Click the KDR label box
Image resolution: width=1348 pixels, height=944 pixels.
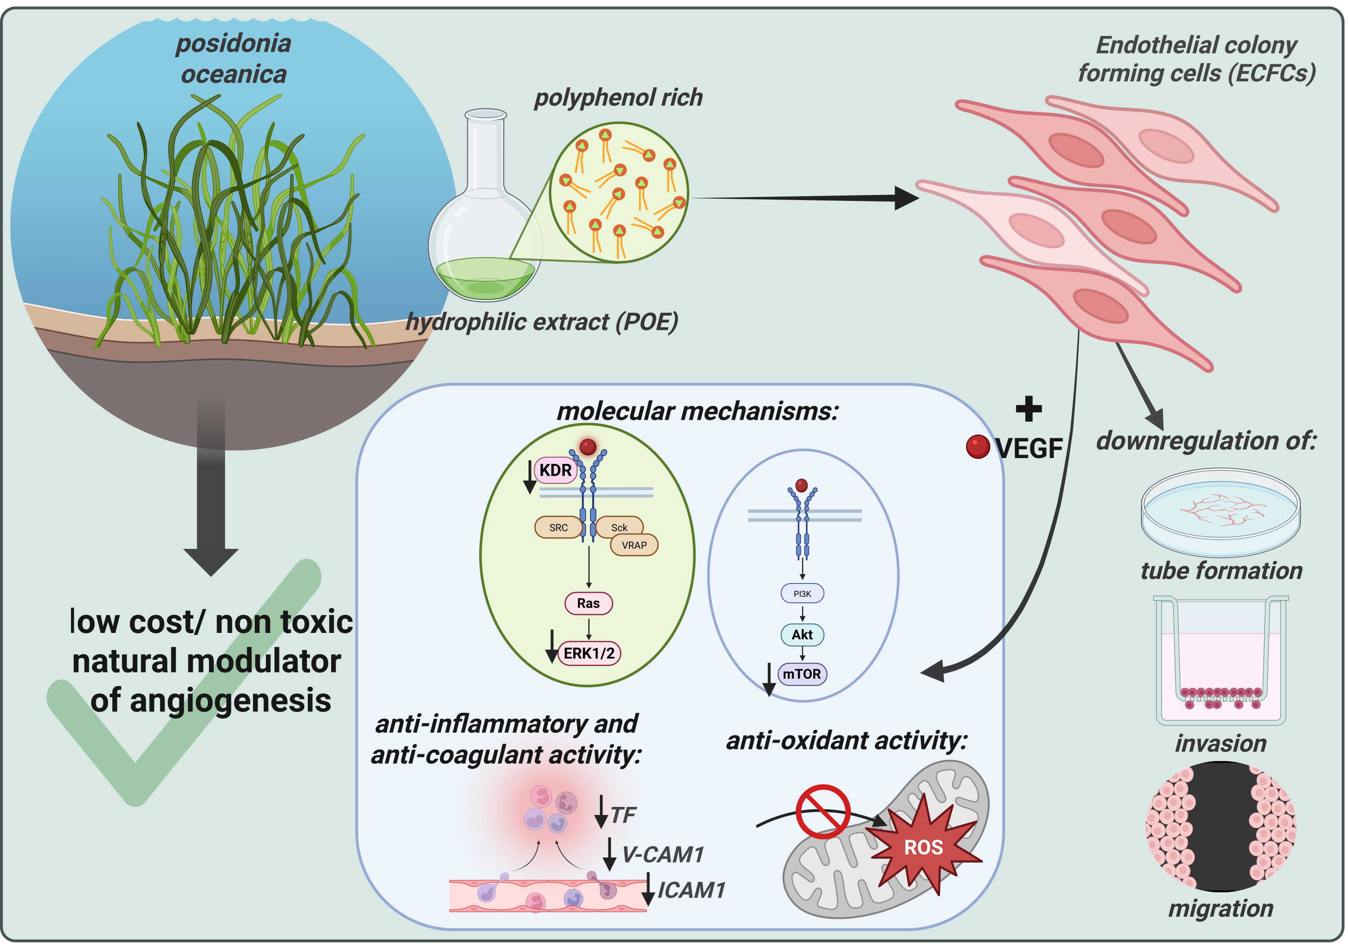555,470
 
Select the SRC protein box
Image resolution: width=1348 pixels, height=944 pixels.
559,527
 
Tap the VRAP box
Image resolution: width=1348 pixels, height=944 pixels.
634,545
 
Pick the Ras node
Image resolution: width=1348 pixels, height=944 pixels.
588,603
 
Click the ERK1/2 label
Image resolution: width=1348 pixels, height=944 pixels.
589,653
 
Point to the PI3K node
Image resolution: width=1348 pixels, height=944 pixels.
802,594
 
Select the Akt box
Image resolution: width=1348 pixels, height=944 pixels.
802,634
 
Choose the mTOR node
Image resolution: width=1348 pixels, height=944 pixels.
802,674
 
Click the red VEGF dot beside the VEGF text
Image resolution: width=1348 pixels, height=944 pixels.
978,446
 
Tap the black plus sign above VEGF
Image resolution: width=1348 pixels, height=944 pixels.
1029,409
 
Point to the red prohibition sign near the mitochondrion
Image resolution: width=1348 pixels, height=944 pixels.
823,811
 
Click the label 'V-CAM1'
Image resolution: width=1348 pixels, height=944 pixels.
663,855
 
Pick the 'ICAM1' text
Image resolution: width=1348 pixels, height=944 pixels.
692,890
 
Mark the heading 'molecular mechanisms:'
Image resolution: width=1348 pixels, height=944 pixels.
697,411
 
